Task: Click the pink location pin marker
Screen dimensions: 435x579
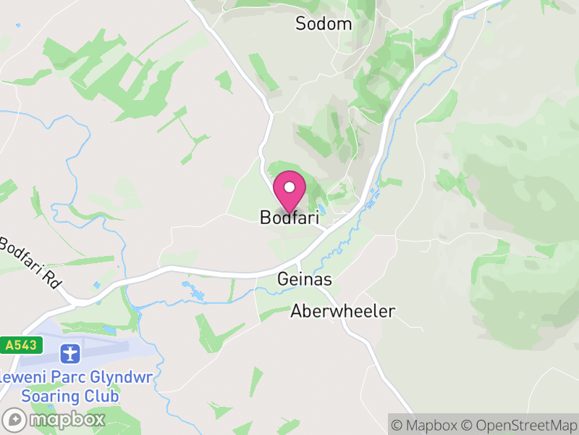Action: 289,192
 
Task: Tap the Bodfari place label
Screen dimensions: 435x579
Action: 289,217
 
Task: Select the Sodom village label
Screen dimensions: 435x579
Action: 324,24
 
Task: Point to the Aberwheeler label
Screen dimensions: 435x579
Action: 343,312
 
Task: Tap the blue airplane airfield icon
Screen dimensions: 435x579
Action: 70,354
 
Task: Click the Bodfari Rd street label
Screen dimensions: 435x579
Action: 29,261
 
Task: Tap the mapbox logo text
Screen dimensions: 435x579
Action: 67,420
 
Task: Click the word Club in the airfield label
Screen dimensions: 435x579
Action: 103,397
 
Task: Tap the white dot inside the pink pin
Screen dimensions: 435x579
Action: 289,187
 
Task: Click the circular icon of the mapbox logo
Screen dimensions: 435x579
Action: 14,420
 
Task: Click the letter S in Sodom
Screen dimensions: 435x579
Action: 301,24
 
